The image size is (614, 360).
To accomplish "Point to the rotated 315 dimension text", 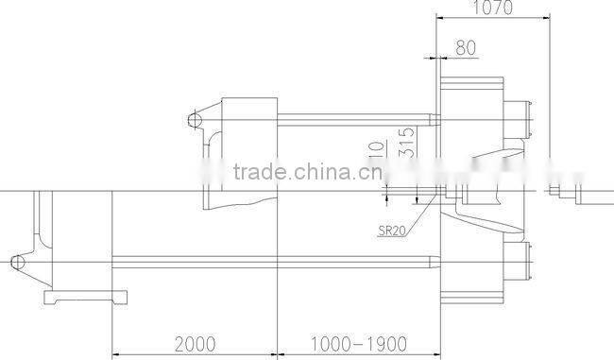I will [x=406, y=142].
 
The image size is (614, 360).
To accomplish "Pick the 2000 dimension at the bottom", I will [x=196, y=341].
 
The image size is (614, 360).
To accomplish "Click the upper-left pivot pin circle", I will [x=194, y=120].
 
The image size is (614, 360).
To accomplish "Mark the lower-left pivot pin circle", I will [x=17, y=260].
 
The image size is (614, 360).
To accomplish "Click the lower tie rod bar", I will [x=274, y=260].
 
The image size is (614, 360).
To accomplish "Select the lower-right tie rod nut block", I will [x=519, y=257].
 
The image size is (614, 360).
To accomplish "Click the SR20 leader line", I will [x=421, y=214].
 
